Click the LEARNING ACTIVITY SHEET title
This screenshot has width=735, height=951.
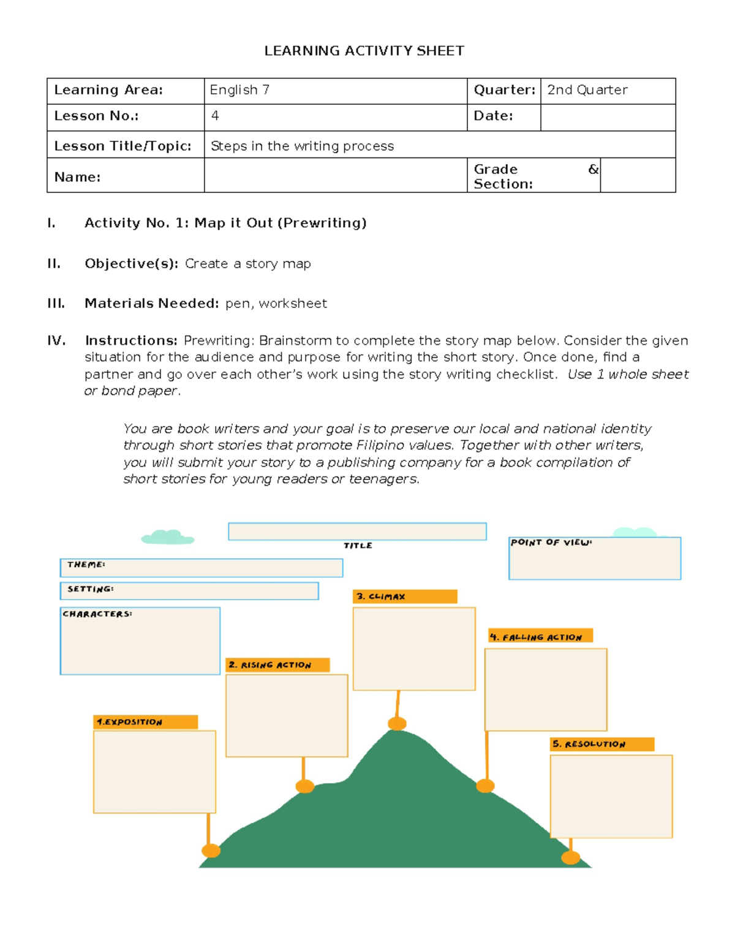[364, 51]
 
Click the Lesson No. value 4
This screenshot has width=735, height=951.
[215, 116]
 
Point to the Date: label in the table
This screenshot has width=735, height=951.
[493, 116]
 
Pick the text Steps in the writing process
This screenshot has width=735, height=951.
[302, 146]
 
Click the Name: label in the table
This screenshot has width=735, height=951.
[77, 177]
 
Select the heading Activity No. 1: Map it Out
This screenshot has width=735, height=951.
[225, 223]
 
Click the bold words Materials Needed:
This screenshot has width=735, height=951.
[151, 303]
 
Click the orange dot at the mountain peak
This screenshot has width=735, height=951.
[398, 724]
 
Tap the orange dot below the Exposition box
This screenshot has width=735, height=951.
[211, 850]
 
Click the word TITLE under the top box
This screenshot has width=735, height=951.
[358, 546]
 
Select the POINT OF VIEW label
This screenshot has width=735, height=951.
[551, 543]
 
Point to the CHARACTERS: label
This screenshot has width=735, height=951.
[97, 614]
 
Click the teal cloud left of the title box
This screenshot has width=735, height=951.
[167, 537]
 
